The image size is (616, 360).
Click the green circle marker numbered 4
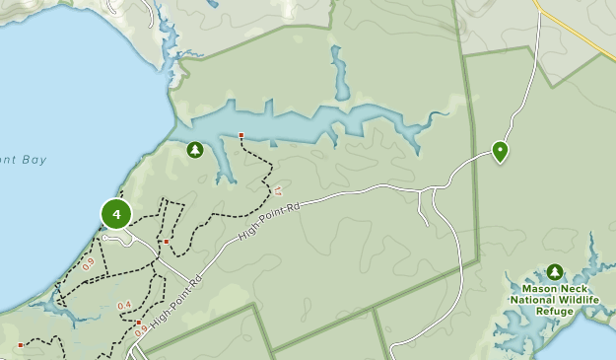click(116, 213)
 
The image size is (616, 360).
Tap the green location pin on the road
click(500, 151)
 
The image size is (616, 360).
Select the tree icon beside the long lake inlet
click(195, 150)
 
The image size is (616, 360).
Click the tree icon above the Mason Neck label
click(555, 271)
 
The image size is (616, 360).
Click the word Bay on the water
click(34, 158)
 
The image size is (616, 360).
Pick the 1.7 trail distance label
click(279, 190)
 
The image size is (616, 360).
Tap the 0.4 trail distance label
click(124, 306)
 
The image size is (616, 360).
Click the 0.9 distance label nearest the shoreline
click(89, 263)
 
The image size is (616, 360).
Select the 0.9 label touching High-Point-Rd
click(140, 331)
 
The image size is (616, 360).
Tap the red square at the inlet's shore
click(240, 135)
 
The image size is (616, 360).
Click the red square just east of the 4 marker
click(167, 242)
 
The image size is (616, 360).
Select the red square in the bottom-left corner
click(20, 345)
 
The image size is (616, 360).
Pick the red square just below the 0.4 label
click(140, 323)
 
